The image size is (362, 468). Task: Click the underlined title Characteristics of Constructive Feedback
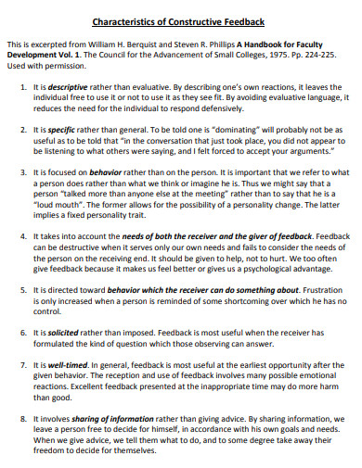pyautogui.click(x=179, y=20)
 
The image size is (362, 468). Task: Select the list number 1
pyautogui.click(x=23, y=87)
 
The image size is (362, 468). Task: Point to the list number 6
pyautogui.click(x=23, y=331)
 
